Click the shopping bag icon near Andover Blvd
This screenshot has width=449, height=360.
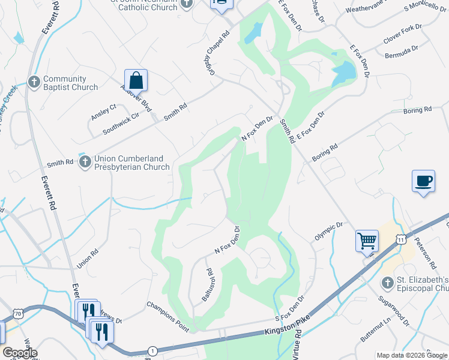[136, 80]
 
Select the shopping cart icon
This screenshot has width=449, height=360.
[367, 241]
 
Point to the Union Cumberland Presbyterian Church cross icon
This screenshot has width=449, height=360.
[86, 162]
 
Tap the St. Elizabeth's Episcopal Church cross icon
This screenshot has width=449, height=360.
[387, 282]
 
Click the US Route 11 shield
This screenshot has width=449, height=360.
[400, 239]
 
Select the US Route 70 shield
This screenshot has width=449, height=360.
[19, 313]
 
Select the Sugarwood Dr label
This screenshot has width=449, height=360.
[393, 310]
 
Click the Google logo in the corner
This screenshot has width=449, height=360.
[20, 353]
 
